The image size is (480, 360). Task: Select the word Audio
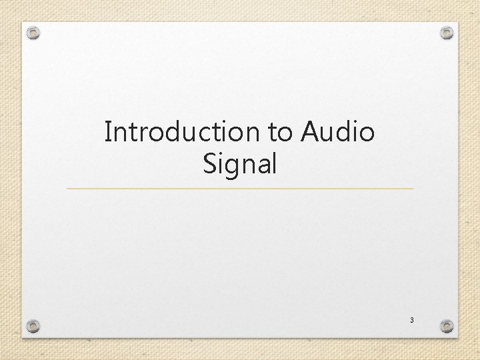337,132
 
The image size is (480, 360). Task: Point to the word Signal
239,163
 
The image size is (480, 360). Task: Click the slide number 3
411,321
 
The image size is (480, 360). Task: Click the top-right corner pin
447,32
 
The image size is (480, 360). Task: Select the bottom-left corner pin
33,326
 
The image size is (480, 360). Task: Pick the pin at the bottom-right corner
447,326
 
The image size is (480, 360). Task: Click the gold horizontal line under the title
240,189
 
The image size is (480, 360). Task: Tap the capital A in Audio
311,132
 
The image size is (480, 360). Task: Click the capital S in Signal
211,163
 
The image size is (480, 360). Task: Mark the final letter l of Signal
273,163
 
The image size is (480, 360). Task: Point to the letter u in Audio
329,133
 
